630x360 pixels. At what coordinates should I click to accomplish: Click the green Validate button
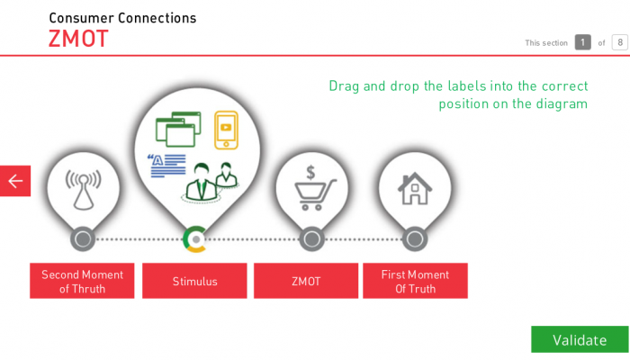click(x=580, y=339)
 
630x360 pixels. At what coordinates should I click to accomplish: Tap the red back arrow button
click(x=15, y=181)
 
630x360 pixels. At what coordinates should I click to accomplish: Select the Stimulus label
click(x=194, y=281)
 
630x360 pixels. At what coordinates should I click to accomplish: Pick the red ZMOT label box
click(x=306, y=281)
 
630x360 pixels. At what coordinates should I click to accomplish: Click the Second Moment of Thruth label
click(x=82, y=281)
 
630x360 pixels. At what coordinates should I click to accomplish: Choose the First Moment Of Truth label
click(x=415, y=281)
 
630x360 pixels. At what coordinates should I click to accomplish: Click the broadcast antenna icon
click(x=83, y=190)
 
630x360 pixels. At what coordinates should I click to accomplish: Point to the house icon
click(x=415, y=188)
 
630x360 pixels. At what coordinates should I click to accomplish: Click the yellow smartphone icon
click(x=226, y=130)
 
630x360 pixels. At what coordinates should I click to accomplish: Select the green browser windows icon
click(x=178, y=129)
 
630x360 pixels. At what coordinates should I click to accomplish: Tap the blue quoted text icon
click(x=166, y=166)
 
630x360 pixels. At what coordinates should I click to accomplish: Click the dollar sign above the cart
click(x=310, y=173)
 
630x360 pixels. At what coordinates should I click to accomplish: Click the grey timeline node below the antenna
click(x=83, y=239)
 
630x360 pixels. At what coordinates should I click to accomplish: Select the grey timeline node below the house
click(x=415, y=239)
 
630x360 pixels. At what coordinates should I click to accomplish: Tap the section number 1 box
click(x=582, y=42)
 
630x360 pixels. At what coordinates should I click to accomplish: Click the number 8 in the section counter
click(x=620, y=42)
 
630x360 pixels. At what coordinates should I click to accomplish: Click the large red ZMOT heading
click(x=78, y=39)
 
